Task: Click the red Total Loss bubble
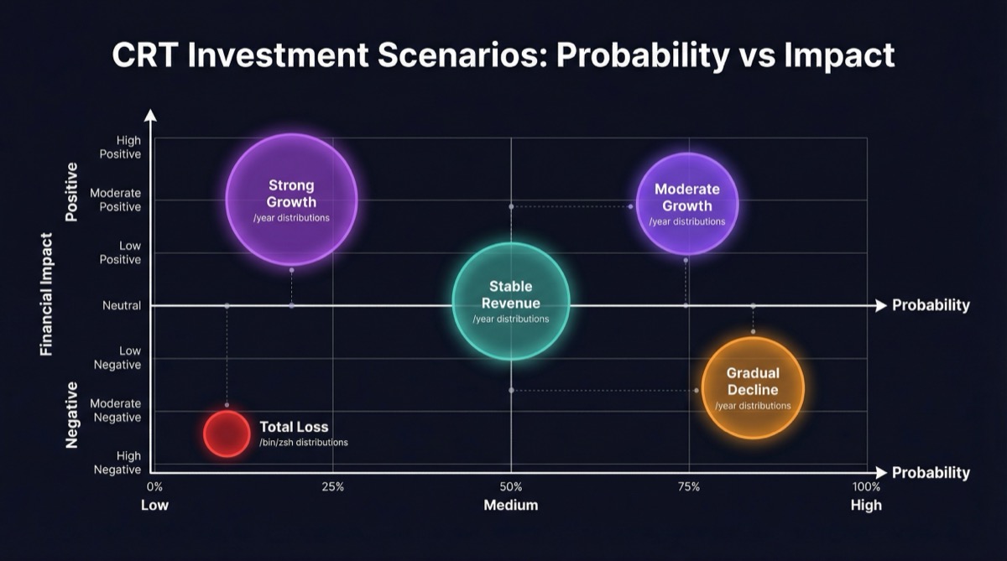[x=227, y=434]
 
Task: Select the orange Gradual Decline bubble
[x=753, y=387]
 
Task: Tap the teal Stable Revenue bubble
[x=511, y=301]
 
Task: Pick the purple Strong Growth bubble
[x=291, y=199]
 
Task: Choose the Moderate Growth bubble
[x=686, y=204]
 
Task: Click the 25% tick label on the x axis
[x=333, y=487]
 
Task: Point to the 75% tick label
[x=689, y=487]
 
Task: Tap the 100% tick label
[x=866, y=487]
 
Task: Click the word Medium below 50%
[x=510, y=505]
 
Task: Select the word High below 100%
[x=866, y=505]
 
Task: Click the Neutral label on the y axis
[x=122, y=306]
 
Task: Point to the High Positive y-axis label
[x=120, y=148]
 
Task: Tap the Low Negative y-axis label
[x=118, y=357]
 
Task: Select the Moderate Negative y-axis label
[x=116, y=410]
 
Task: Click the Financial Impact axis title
[x=47, y=293]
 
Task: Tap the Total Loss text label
[x=294, y=427]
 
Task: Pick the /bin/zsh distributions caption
[x=303, y=442]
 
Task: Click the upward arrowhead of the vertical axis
[x=150, y=116]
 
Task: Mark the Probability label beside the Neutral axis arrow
[x=931, y=305]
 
